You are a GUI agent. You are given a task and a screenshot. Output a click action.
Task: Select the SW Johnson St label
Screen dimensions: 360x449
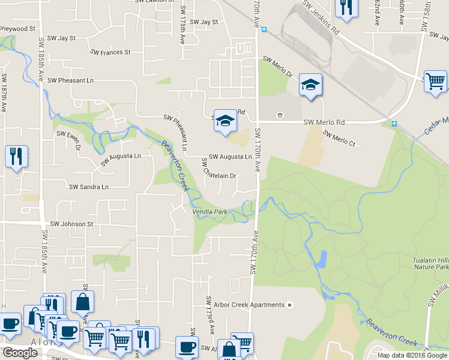pyautogui.click(x=72, y=224)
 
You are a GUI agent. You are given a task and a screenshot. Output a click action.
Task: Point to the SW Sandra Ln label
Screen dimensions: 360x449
pyautogui.click(x=89, y=187)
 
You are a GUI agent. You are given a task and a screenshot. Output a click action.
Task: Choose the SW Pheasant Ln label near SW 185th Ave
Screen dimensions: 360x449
pyautogui.click(x=71, y=80)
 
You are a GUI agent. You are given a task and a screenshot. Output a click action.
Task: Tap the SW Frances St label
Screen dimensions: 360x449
pyautogui.click(x=110, y=52)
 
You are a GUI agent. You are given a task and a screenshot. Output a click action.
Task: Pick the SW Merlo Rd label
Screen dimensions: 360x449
pyautogui.click(x=324, y=122)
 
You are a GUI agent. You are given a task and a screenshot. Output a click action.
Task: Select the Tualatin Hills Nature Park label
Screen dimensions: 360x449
pyautogui.click(x=427, y=263)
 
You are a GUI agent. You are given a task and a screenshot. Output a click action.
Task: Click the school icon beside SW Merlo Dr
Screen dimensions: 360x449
pyautogui.click(x=310, y=85)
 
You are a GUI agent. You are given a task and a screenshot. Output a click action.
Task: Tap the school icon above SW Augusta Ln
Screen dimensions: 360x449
pyautogui.click(x=225, y=120)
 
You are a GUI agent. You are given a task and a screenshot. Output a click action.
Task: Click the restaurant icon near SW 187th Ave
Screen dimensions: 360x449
pyautogui.click(x=16, y=156)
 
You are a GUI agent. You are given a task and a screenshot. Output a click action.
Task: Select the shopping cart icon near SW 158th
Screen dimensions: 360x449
pyautogui.click(x=435, y=80)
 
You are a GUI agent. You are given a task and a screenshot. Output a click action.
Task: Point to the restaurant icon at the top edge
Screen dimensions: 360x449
pyautogui.click(x=346, y=7)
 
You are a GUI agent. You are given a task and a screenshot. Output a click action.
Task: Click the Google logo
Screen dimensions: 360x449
pyautogui.click(x=19, y=353)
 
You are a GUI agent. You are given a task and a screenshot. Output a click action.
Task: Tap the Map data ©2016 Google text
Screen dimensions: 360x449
pyautogui.click(x=412, y=355)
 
